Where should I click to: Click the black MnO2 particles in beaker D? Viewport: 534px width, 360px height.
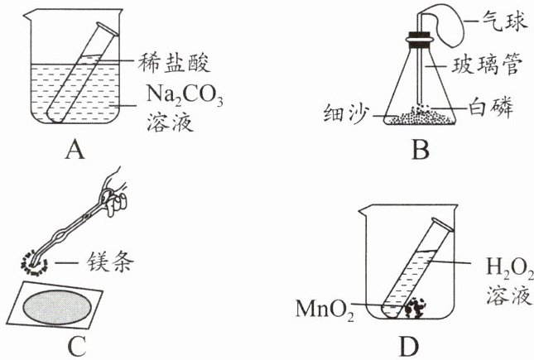tap(412, 308)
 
